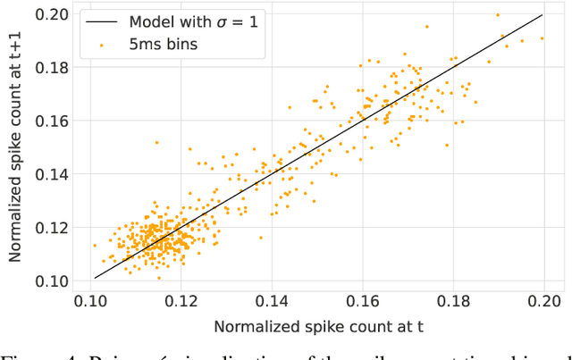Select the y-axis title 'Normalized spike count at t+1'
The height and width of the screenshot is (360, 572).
15,147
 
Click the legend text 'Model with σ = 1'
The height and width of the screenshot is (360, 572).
190,20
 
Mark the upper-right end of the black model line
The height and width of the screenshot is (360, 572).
543,14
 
